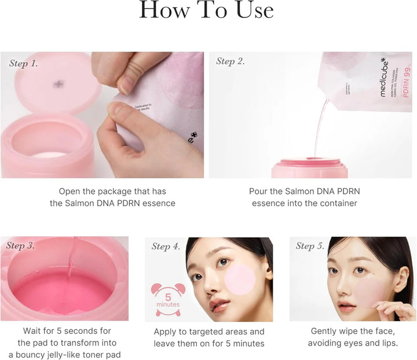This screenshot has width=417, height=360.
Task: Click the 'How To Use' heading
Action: (x=207, y=11)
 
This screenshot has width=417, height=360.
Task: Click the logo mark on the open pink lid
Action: (x=58, y=85)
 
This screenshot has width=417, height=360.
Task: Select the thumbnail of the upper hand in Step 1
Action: (x=126, y=85)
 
